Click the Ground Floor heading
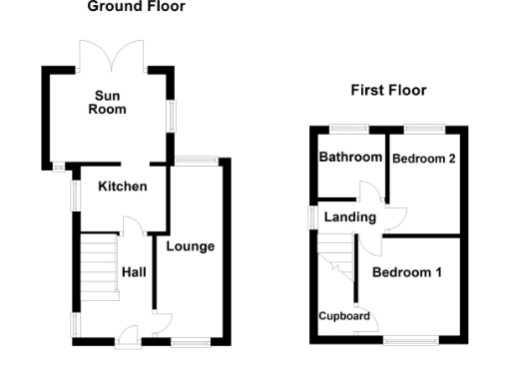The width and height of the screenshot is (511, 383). [135, 7]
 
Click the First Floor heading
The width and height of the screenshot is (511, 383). [388, 91]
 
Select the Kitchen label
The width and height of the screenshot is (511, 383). [123, 187]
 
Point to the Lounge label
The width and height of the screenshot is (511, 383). [191, 246]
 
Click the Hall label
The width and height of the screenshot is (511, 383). [135, 271]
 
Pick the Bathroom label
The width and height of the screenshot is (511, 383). [350, 158]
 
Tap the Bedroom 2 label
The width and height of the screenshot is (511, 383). [424, 159]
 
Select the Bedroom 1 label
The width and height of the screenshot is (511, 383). [406, 270]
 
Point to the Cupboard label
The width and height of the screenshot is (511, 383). [344, 316]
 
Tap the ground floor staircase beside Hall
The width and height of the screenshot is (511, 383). [99, 263]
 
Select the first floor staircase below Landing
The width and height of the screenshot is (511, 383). [336, 254]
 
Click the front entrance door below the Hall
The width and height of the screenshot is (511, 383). [128, 336]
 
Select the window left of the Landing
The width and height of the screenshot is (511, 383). [311, 216]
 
